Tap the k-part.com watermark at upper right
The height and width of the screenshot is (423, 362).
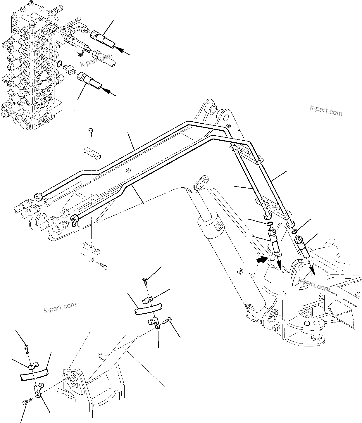326,111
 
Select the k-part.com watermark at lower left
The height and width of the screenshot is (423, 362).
60,307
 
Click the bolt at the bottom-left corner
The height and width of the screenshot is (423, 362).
25,403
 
